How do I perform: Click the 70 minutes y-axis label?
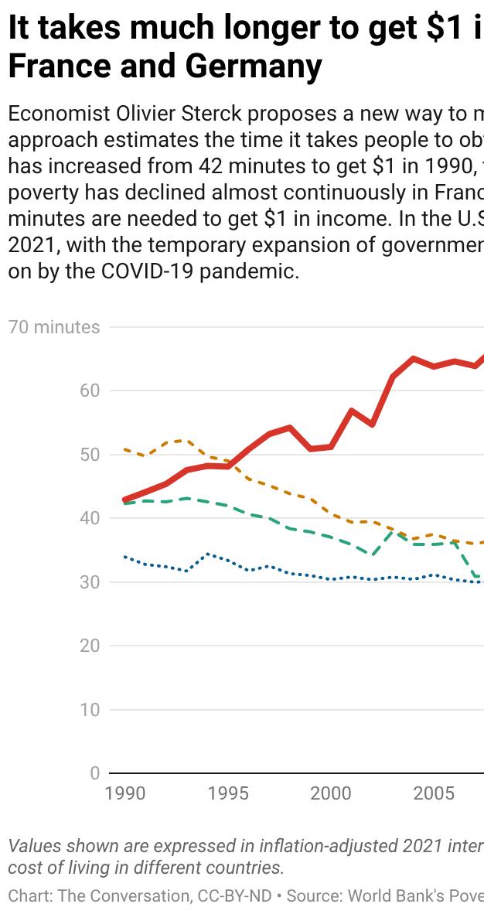(x=54, y=327)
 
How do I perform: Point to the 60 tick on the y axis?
(x=90, y=390)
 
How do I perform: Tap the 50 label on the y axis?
(x=90, y=455)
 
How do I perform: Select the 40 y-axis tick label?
(x=90, y=518)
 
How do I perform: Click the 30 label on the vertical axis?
(x=90, y=582)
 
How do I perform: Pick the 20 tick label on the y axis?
(x=90, y=646)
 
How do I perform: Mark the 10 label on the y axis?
(x=90, y=710)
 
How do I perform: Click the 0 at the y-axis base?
(x=95, y=773)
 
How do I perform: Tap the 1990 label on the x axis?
(x=124, y=793)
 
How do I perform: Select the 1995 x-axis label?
(x=227, y=793)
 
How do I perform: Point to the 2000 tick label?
(x=331, y=793)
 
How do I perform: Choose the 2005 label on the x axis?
(x=434, y=793)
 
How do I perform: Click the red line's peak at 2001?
(x=352, y=411)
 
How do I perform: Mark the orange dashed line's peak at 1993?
(x=186, y=440)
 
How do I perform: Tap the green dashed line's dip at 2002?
(x=372, y=555)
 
